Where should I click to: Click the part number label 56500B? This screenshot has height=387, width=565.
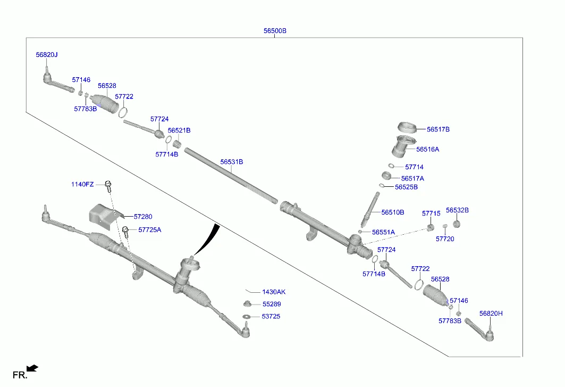pyautogui.click(x=275, y=31)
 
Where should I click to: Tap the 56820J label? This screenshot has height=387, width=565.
pyautogui.click(x=47, y=54)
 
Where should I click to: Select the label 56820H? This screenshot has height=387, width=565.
pyautogui.click(x=491, y=314)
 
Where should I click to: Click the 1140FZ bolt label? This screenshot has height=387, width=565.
pyautogui.click(x=82, y=184)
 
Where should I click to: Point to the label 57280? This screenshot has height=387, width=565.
pyautogui.click(x=142, y=217)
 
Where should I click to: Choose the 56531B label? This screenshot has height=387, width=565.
pyautogui.click(x=231, y=161)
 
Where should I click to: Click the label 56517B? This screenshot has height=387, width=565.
pyautogui.click(x=438, y=129)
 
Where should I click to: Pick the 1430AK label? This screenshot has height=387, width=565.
pyautogui.click(x=274, y=292)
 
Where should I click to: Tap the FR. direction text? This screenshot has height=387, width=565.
pyautogui.click(x=20, y=375)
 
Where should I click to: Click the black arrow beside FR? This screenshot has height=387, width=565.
pyautogui.click(x=32, y=367)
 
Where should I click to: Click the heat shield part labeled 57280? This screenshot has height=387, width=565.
pyautogui.click(x=102, y=215)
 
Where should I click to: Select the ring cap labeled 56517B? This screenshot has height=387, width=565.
pyautogui.click(x=409, y=128)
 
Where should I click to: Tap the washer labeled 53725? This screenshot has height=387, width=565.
pyautogui.click(x=247, y=317)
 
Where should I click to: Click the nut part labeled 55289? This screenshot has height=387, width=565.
pyautogui.click(x=247, y=304)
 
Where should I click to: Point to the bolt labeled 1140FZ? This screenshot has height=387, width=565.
pyautogui.click(x=108, y=185)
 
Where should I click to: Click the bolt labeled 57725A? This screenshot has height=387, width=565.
pyautogui.click(x=126, y=231)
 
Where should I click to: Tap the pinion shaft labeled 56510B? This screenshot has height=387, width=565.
pyautogui.click(x=370, y=209)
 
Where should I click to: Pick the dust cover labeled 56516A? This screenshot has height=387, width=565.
pyautogui.click(x=403, y=146)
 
